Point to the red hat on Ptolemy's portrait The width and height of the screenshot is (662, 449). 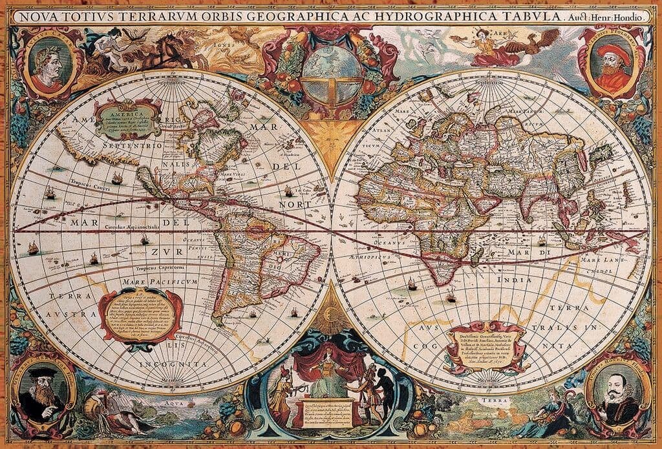pyautogui.click(x=614, y=53)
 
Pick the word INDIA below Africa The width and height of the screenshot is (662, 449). pyautogui.click(x=514, y=280)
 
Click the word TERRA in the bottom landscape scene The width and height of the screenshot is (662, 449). pyautogui.click(x=483, y=401)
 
